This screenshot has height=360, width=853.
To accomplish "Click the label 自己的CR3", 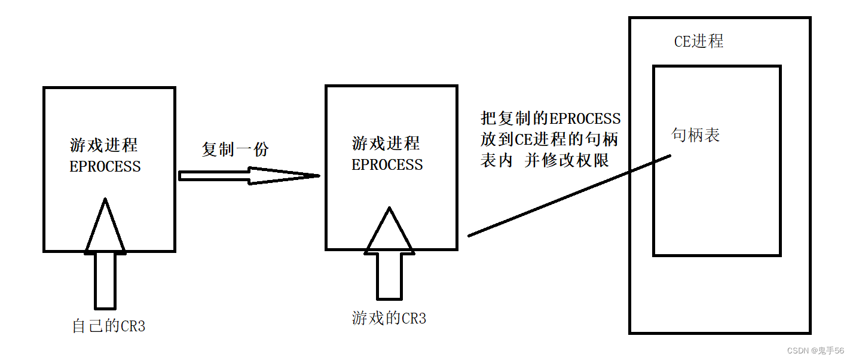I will pos(108,327).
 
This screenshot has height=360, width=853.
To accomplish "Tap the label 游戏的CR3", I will pos(389,318).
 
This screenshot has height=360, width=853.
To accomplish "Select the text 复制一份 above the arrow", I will pos(235,149).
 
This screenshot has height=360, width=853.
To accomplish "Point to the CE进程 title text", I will pos(699,41).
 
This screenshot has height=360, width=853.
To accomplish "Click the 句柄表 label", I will pos(696,135).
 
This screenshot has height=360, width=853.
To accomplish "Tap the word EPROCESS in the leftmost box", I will pos(105,167).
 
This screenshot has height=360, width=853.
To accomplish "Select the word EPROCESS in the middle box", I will pos(387,165).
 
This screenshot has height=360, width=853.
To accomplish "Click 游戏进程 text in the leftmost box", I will pos(104,145).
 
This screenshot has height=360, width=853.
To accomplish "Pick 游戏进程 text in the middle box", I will pos(386,144).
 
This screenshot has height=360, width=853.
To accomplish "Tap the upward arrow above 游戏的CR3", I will pos(389,254).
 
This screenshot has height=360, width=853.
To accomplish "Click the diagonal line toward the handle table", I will pos(568,196).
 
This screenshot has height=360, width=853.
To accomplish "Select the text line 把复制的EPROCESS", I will pos(551,118).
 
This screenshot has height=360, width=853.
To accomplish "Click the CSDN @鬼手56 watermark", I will pos(815,350).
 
